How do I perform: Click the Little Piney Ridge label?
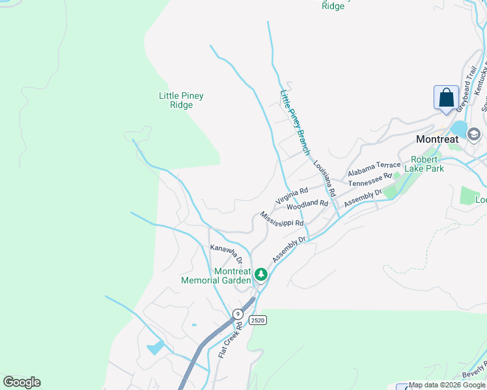181,100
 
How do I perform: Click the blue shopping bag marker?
446,98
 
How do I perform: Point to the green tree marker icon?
260,275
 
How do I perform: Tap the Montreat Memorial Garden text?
216,276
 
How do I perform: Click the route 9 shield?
238,314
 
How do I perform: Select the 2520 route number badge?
258,320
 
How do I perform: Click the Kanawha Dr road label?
226,253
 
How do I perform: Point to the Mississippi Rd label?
281,219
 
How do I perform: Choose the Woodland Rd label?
307,205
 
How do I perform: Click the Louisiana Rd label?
324,179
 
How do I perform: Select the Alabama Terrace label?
374,169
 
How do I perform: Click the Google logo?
21,382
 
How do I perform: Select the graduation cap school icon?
473,135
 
